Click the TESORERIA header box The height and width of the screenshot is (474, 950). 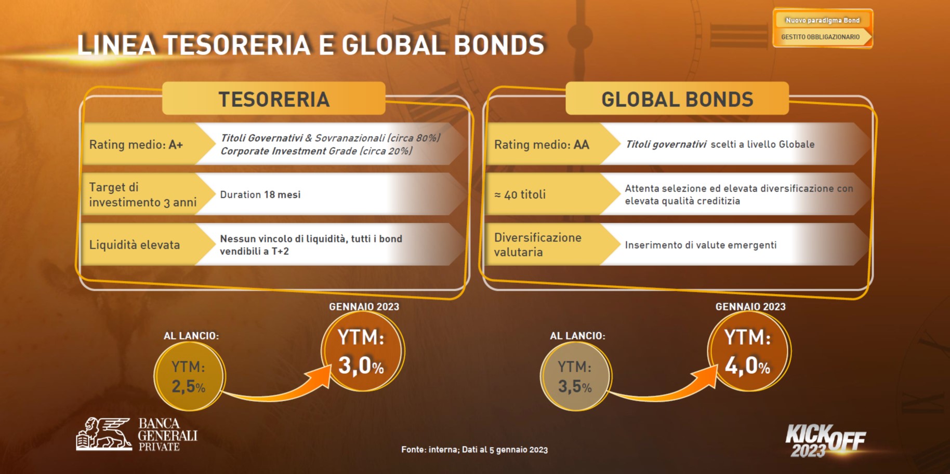pyautogui.click(x=274, y=98)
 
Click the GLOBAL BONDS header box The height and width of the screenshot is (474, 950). pyautogui.click(x=677, y=98)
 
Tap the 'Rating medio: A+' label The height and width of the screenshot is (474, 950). pyautogui.click(x=136, y=144)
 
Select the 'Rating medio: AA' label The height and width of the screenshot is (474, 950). pyautogui.click(x=542, y=144)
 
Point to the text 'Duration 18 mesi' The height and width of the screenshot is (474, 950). pyautogui.click(x=260, y=195)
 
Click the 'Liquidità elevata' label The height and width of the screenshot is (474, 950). pyautogui.click(x=135, y=245)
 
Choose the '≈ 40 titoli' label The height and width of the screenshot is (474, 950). pyautogui.click(x=520, y=195)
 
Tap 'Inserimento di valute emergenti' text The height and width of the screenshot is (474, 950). pyautogui.click(x=701, y=245)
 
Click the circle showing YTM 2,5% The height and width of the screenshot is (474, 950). pyautogui.click(x=189, y=376)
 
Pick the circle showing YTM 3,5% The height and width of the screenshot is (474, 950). pyautogui.click(x=575, y=376)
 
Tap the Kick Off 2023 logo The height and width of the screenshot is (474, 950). pyautogui.click(x=825, y=441)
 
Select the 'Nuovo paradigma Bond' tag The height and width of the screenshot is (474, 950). pyautogui.click(x=823, y=20)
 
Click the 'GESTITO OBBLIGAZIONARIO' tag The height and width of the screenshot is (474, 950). pyautogui.click(x=822, y=37)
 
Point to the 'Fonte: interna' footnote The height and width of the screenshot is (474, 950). pyautogui.click(x=474, y=450)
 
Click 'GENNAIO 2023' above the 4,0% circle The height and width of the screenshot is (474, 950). pyautogui.click(x=750, y=307)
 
